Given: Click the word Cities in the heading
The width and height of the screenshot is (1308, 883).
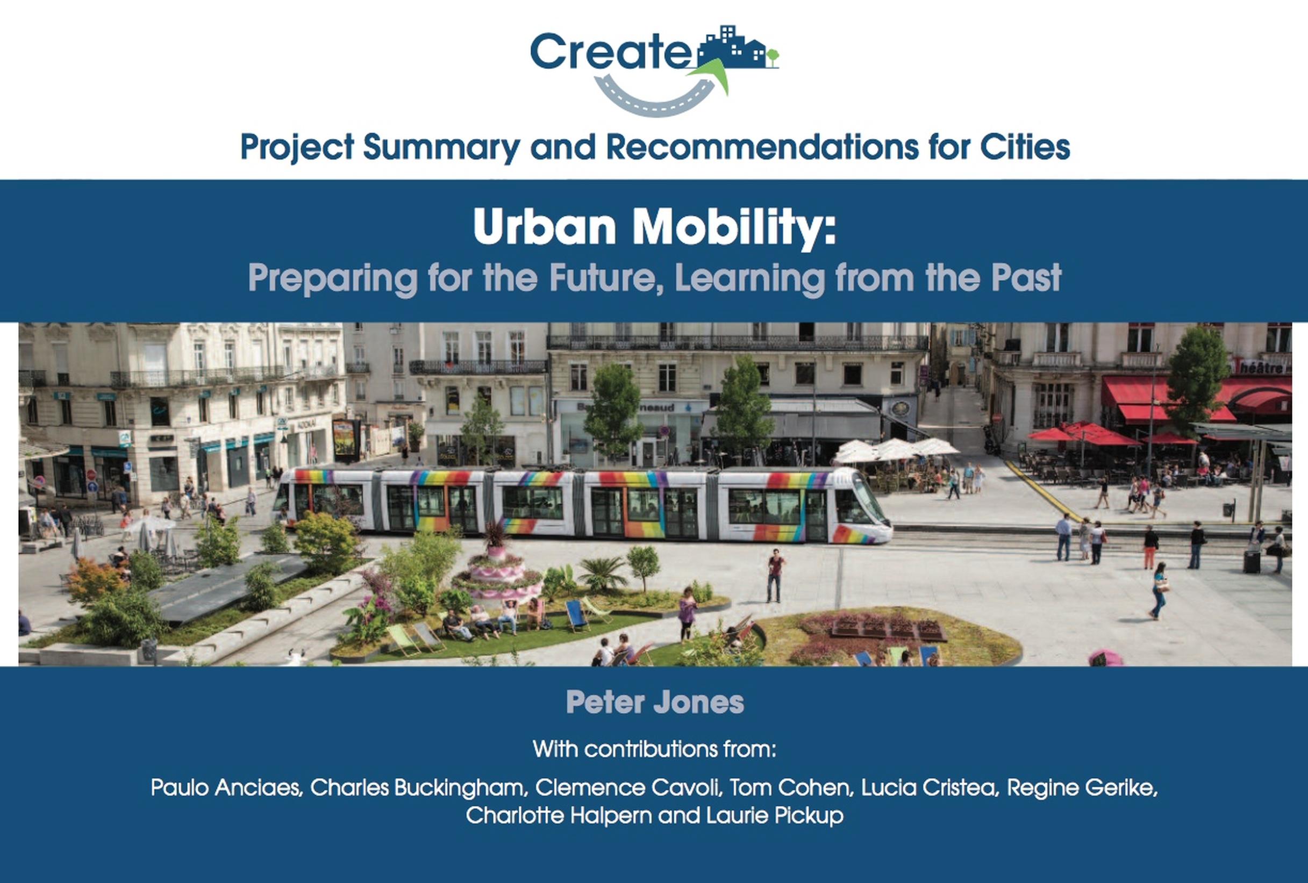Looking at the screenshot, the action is coord(1025,147).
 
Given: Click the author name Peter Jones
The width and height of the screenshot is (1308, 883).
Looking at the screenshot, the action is coord(655,702).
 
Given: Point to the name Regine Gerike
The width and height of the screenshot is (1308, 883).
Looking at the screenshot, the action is coord(1081,788).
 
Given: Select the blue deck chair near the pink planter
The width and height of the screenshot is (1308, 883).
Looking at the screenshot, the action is coord(575,615).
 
